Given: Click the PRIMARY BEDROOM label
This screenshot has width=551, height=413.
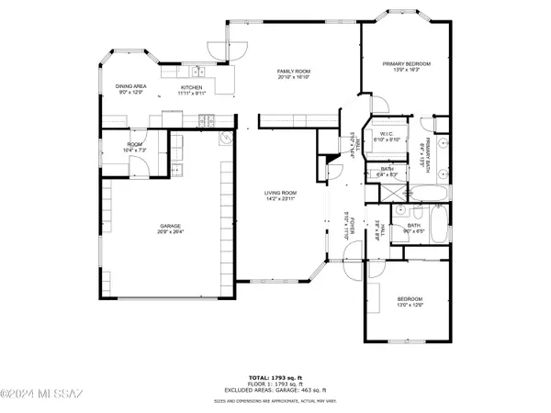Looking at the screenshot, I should pos(405,62).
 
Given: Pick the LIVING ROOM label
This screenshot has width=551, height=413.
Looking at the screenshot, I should pos(278,192).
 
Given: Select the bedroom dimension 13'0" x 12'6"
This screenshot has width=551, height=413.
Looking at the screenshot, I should pos(410,306).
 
